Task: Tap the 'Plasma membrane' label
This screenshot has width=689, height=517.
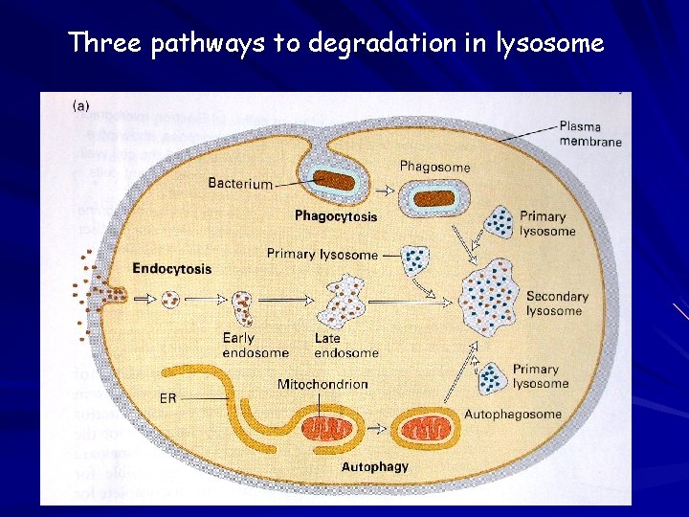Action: tap(589, 134)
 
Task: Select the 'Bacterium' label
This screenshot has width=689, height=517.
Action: tap(240, 183)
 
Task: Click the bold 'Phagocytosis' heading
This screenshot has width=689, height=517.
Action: tap(336, 216)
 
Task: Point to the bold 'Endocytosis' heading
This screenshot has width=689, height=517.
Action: tap(172, 269)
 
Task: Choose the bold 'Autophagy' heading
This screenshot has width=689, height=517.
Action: tap(375, 467)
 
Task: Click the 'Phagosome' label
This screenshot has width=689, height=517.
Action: tap(434, 167)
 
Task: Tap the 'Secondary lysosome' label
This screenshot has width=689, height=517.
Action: tap(557, 303)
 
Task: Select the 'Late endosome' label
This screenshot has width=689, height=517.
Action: tap(345, 346)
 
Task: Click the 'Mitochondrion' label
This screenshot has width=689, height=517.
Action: tap(322, 385)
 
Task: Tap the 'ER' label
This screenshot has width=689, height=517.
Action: tap(166, 398)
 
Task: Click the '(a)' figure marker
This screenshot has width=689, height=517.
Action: tap(82, 106)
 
